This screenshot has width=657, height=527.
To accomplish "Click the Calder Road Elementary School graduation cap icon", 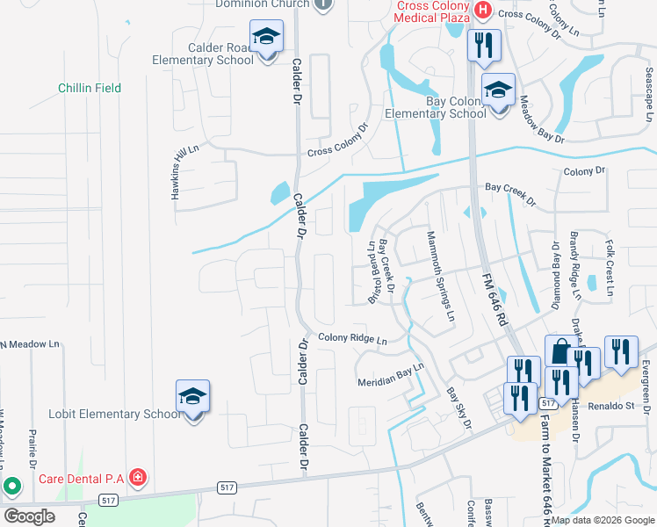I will [266, 38].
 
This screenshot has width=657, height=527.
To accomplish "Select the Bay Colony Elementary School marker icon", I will [499, 90].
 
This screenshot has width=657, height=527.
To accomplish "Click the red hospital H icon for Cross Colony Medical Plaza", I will [481, 10].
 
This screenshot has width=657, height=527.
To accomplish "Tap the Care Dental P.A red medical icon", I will [137, 479].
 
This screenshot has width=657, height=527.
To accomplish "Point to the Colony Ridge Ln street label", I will [352, 338].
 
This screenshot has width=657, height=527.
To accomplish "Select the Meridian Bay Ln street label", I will [391, 376].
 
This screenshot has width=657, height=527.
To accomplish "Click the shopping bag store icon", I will [560, 352].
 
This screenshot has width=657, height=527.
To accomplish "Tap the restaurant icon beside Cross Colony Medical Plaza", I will [482, 45].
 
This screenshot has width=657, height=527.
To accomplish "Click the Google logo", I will [29, 516].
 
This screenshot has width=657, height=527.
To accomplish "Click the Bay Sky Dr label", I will [458, 410].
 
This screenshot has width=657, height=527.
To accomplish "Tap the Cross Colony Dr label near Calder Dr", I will [336, 141].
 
